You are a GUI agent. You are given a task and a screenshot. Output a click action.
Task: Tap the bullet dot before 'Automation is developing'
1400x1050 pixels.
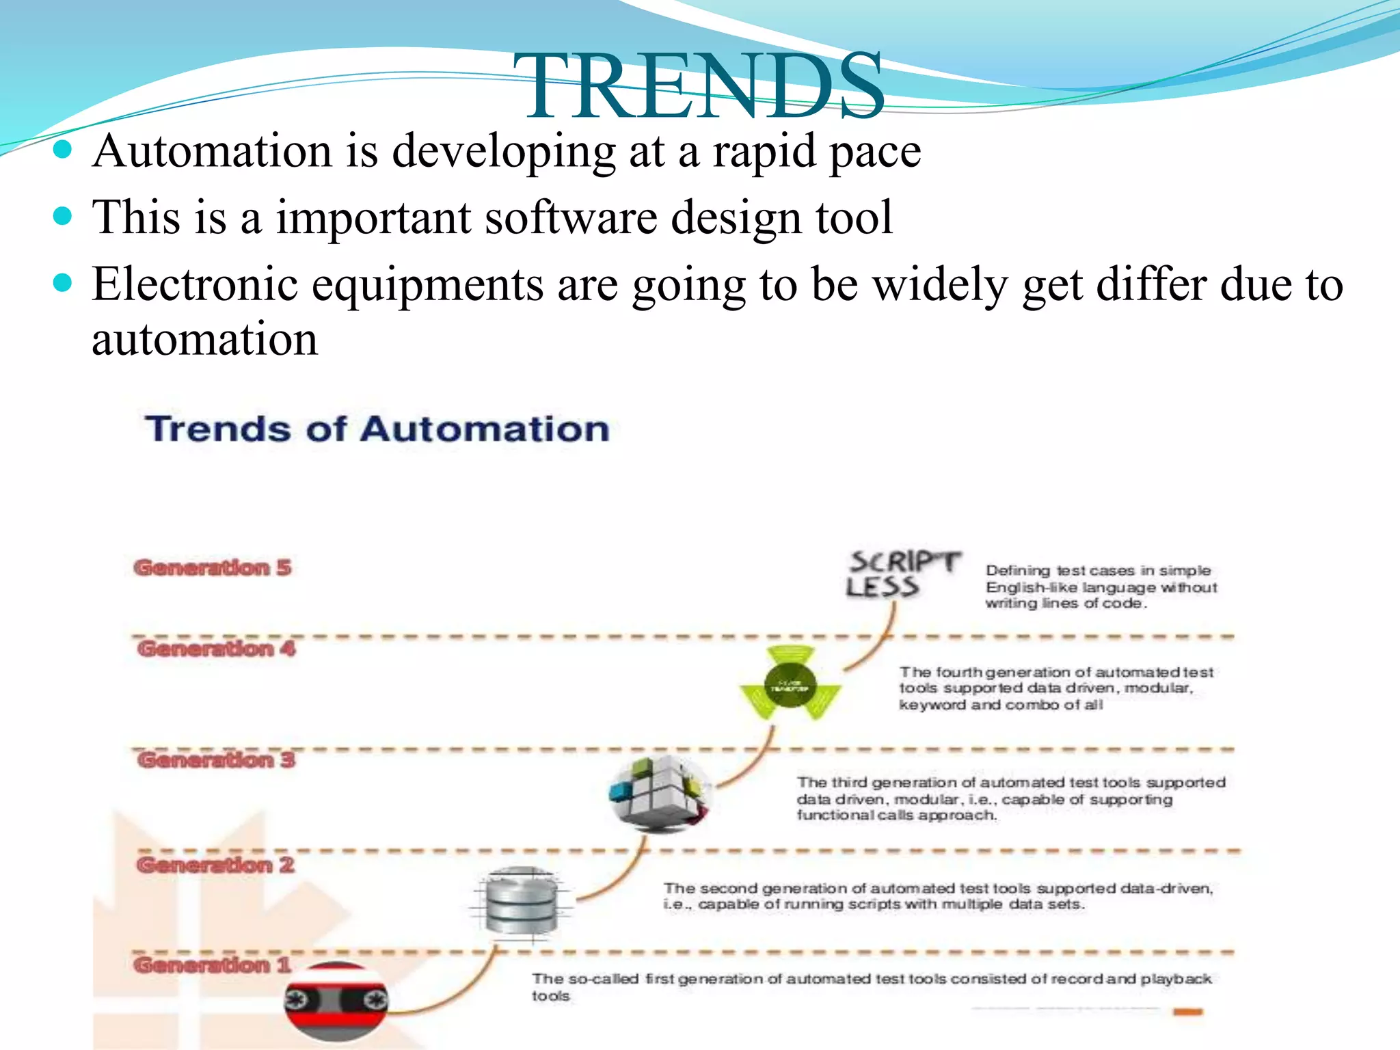coord(62,150)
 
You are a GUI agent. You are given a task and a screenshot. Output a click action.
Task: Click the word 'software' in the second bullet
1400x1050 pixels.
coord(570,217)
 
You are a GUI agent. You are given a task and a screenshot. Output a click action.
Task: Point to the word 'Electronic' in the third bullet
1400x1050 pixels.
coord(195,284)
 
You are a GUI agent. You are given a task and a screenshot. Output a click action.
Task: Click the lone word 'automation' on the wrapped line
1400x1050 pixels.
coord(204,340)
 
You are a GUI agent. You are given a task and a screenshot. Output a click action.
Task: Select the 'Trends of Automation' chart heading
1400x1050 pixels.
coord(377,429)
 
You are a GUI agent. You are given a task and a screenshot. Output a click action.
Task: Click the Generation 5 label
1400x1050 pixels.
coord(213,567)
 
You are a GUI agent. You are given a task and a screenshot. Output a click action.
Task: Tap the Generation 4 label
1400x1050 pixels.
coord(216,648)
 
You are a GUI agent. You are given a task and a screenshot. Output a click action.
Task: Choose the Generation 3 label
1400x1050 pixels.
coord(216,759)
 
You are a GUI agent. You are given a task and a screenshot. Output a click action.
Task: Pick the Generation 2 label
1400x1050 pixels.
coord(215,865)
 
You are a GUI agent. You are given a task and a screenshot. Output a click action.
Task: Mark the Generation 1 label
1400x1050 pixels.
coord(213,965)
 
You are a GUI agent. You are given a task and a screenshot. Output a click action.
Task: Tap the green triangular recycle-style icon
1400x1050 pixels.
coord(790,684)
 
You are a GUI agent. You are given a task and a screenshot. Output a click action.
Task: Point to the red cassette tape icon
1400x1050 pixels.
coord(336,1001)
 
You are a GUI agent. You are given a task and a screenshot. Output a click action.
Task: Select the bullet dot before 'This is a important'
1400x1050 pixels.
coord(62,217)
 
